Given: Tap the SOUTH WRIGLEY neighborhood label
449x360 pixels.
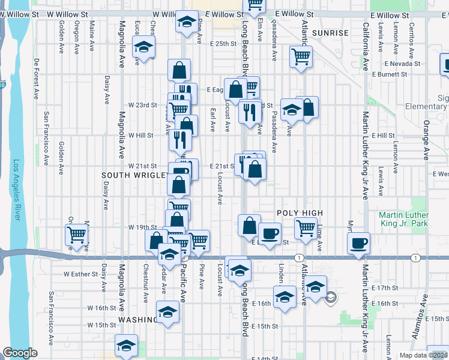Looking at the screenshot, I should pyautogui.click(x=134, y=175).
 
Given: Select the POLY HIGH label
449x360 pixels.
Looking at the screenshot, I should pyautogui.click(x=300, y=213).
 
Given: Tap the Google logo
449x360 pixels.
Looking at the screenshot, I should pyautogui.click(x=20, y=353).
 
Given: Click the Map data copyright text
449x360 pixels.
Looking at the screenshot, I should pyautogui.click(x=424, y=355).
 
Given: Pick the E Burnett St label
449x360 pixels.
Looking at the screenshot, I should pyautogui.click(x=389, y=74).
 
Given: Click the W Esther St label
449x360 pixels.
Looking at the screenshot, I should pyautogui.click(x=80, y=274).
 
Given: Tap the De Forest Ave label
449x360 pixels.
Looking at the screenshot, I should pyautogui.click(x=37, y=79).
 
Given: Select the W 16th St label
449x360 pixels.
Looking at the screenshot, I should pyautogui.click(x=101, y=308).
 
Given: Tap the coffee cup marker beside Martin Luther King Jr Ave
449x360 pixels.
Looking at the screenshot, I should pyautogui.click(x=359, y=243).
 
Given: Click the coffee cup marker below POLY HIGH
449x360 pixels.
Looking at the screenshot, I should pyautogui.click(x=270, y=232).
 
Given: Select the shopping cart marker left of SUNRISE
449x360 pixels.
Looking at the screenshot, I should pyautogui.click(x=301, y=57).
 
